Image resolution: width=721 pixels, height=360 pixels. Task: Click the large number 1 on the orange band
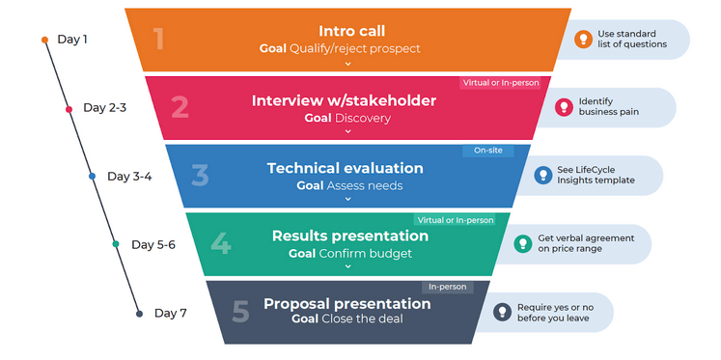pyautogui.click(x=158, y=39)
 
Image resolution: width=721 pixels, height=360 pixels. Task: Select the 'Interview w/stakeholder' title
pyautogui.click(x=344, y=100)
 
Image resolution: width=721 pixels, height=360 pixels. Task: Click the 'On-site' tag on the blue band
pyautogui.click(x=487, y=151)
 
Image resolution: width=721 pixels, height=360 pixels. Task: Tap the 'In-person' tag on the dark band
pyautogui.click(x=447, y=287)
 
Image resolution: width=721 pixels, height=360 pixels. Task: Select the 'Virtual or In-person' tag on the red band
pyautogui.click(x=500, y=83)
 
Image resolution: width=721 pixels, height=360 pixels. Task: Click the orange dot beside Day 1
pyautogui.click(x=44, y=40)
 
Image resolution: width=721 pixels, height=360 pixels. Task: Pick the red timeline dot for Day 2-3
pyautogui.click(x=69, y=109)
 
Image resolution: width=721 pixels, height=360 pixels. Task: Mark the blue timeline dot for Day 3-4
pyautogui.click(x=92, y=177)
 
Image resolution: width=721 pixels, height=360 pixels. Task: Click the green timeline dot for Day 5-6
pyautogui.click(x=116, y=244)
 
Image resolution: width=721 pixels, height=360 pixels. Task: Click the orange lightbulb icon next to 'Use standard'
pyautogui.click(x=583, y=40)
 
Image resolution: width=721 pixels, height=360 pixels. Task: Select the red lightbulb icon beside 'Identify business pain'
pyautogui.click(x=564, y=107)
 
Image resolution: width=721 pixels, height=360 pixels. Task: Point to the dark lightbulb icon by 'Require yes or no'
pyautogui.click(x=502, y=312)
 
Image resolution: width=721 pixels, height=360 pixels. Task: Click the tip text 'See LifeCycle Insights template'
pyautogui.click(x=596, y=175)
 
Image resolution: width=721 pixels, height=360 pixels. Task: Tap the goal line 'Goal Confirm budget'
pyautogui.click(x=349, y=254)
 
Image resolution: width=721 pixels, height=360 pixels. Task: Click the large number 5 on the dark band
pyautogui.click(x=240, y=312)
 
